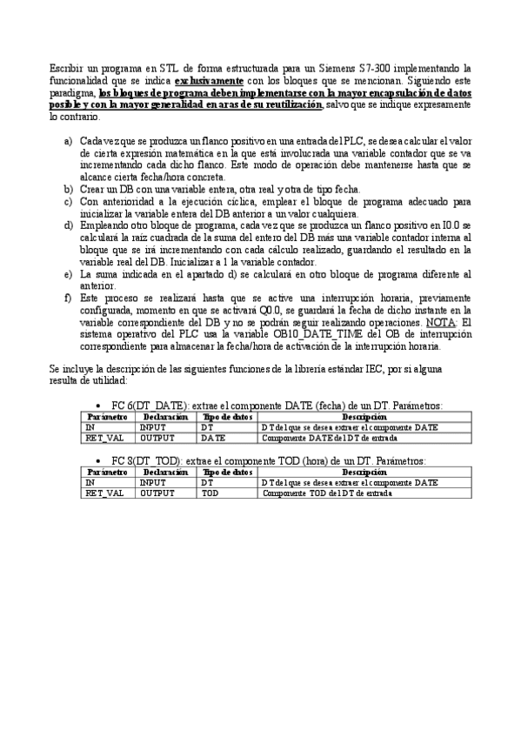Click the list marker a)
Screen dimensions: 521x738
point(69,139)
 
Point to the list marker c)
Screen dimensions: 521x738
point(69,201)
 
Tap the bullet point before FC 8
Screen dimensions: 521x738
point(104,460)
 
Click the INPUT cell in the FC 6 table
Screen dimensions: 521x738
point(157,427)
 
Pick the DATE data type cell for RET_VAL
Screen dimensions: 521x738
point(213,438)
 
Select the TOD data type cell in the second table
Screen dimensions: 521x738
point(210,493)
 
